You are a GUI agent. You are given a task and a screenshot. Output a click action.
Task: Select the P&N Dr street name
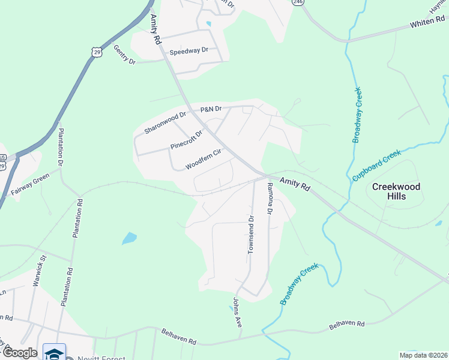point(211,109)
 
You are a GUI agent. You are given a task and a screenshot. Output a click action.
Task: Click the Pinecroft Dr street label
point(187,139)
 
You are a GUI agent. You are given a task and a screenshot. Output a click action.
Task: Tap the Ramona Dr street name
point(270,199)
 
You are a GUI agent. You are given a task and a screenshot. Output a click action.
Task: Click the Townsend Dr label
point(252,235)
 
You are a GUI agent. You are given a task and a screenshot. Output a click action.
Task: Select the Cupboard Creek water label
point(376,166)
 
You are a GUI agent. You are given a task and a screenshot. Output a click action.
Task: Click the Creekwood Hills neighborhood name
point(396,191)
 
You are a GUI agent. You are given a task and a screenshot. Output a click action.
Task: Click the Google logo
point(20,352)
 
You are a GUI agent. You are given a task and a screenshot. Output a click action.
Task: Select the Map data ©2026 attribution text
point(423,355)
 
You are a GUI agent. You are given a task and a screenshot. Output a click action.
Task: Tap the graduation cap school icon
point(55,353)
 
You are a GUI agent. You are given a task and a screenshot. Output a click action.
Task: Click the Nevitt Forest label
point(102,358)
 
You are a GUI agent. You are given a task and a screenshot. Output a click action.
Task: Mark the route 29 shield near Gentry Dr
point(97,52)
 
